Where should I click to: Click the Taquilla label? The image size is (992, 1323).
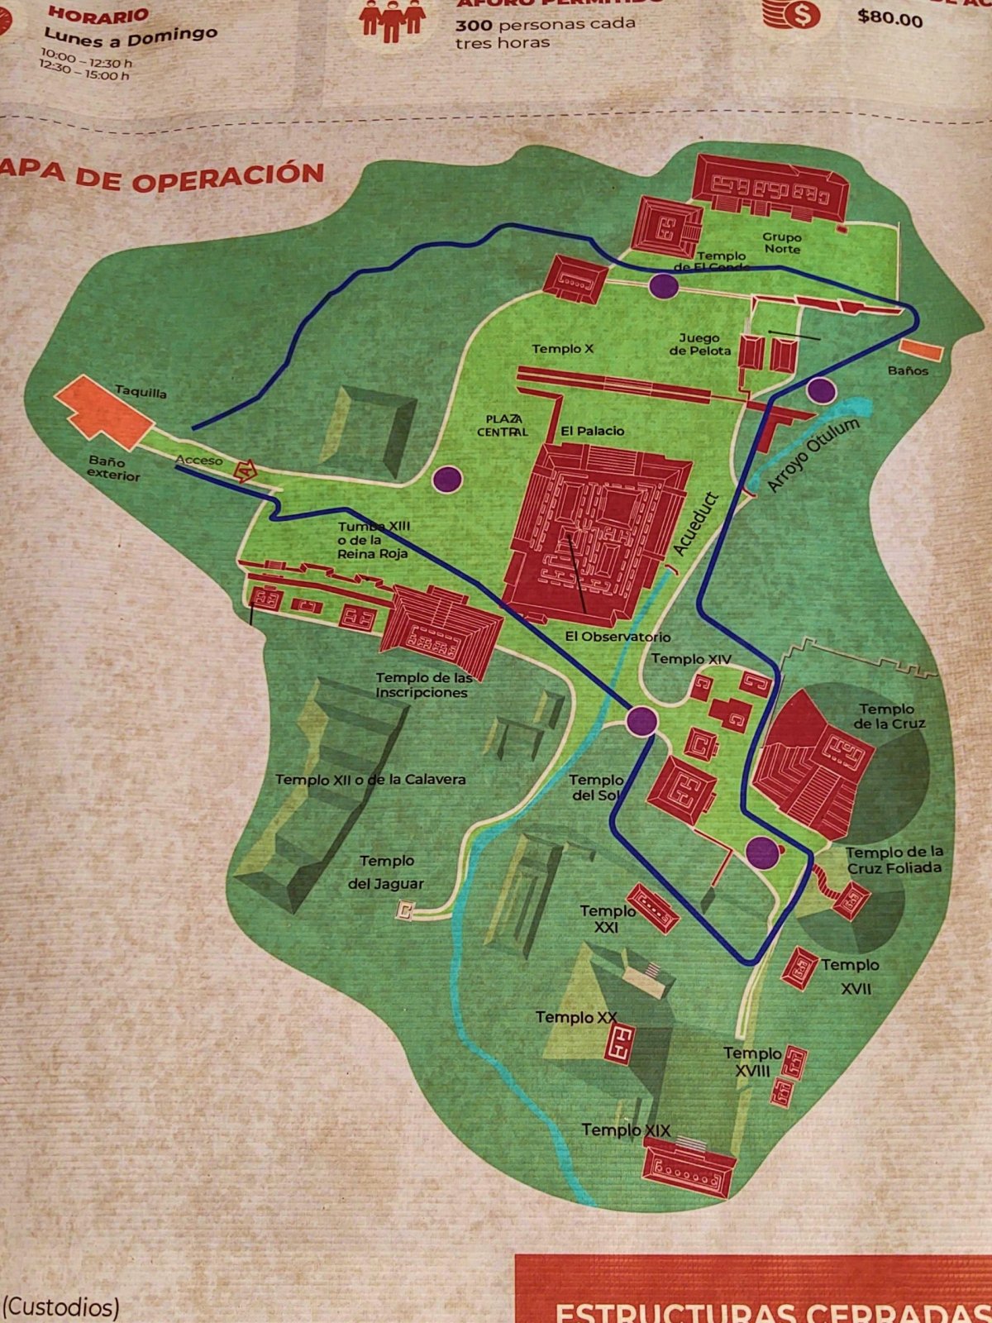point(141,392)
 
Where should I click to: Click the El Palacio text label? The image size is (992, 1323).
point(592,431)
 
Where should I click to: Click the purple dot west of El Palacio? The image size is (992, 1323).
point(446,478)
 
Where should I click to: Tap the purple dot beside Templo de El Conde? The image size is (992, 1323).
point(663,286)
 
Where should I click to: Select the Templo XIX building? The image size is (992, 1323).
point(689,1168)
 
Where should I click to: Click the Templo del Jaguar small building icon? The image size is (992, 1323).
point(404,911)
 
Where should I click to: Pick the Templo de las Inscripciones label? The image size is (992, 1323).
point(424,685)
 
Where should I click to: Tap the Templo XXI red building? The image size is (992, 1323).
point(652,908)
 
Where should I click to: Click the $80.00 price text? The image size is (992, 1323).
point(889,17)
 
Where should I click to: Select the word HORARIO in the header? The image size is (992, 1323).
point(98,15)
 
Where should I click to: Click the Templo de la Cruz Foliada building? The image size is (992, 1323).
point(851,899)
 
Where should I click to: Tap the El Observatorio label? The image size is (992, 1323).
point(618,637)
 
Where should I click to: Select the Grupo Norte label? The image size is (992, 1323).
point(781,242)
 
